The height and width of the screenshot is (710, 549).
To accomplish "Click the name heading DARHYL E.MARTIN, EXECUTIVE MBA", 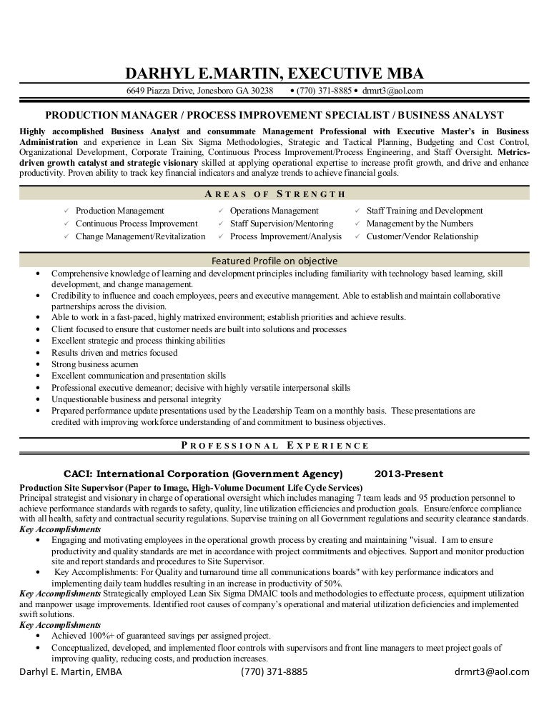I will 274,73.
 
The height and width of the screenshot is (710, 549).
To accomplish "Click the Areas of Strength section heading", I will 274,194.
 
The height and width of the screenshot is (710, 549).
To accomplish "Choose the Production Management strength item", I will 119,211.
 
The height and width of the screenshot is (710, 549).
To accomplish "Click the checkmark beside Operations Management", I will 222,211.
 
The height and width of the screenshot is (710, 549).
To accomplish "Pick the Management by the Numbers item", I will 419,224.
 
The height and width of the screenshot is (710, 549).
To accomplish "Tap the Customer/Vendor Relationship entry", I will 422,236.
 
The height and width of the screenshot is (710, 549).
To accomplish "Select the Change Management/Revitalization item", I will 140,236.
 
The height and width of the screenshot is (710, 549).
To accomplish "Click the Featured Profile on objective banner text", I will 274,261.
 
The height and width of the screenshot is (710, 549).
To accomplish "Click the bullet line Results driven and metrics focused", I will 114,353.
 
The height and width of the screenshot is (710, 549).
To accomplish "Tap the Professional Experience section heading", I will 274,445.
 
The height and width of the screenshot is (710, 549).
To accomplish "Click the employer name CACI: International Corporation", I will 203,474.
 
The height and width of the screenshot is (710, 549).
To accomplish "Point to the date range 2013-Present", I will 408,474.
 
